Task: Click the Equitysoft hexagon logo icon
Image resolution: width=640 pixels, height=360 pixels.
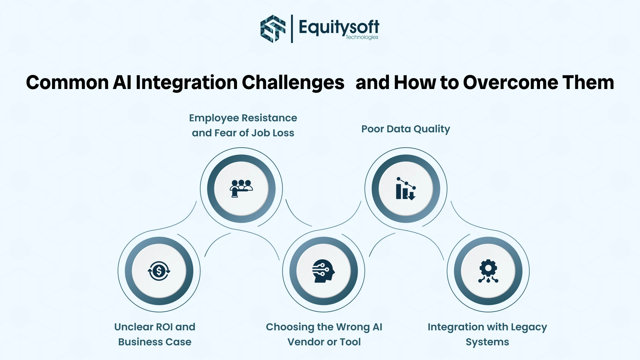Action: click(273, 29)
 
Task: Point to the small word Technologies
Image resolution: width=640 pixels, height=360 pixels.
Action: click(362, 37)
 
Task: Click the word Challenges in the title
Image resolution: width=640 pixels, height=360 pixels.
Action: click(293, 82)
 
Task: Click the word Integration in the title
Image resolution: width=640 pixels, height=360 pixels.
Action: click(187, 82)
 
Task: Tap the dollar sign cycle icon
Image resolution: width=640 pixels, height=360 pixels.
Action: click(159, 271)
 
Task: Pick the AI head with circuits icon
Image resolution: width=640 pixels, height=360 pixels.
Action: click(323, 271)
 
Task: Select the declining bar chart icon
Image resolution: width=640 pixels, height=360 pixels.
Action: click(406, 189)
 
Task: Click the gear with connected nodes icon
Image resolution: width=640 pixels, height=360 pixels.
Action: click(488, 271)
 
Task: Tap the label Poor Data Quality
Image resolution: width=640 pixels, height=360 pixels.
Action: click(405, 129)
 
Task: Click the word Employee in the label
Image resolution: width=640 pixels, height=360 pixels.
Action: click(214, 118)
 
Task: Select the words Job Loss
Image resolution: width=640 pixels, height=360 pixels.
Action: click(273, 133)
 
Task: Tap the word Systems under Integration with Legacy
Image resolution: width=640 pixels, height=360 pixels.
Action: click(487, 342)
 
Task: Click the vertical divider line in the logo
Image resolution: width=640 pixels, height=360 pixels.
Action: click(292, 29)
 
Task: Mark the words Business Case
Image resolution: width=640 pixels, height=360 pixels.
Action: click(155, 342)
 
